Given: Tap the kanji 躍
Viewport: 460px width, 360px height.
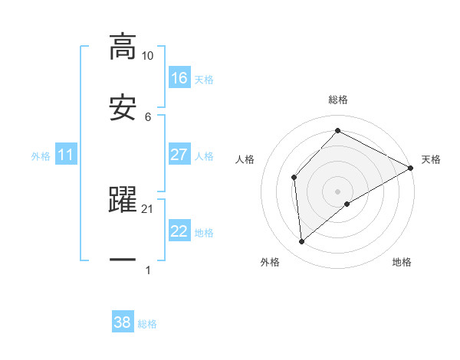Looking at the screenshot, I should click(123, 200).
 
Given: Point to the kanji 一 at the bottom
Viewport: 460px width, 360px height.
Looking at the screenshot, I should click(123, 260).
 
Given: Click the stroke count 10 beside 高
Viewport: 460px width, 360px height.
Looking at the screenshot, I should click(147, 56).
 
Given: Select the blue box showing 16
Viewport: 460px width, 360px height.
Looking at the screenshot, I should click(179, 77).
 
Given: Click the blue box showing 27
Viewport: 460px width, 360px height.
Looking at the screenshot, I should click(179, 155).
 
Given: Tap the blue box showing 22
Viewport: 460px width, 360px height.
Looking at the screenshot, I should click(179, 232).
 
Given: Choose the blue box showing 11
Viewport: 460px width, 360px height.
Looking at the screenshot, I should click(66, 155).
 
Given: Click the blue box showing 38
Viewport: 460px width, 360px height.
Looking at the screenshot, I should click(123, 322).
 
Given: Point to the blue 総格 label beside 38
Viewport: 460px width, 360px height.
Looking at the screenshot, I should click(147, 324).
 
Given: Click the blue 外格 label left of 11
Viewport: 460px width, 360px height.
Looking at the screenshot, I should click(41, 155).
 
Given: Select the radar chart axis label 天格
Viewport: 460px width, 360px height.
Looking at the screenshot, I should click(431, 159).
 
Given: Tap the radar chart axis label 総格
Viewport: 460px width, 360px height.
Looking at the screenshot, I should click(337, 100).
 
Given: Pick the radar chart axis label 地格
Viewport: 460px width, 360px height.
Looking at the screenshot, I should click(402, 262).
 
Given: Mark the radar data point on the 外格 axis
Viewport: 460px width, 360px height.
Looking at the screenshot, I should click(302, 242).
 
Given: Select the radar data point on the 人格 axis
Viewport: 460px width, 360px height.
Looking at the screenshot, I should click(294, 178).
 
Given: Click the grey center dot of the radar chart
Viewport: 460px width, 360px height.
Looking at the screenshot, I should click(337, 191).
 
